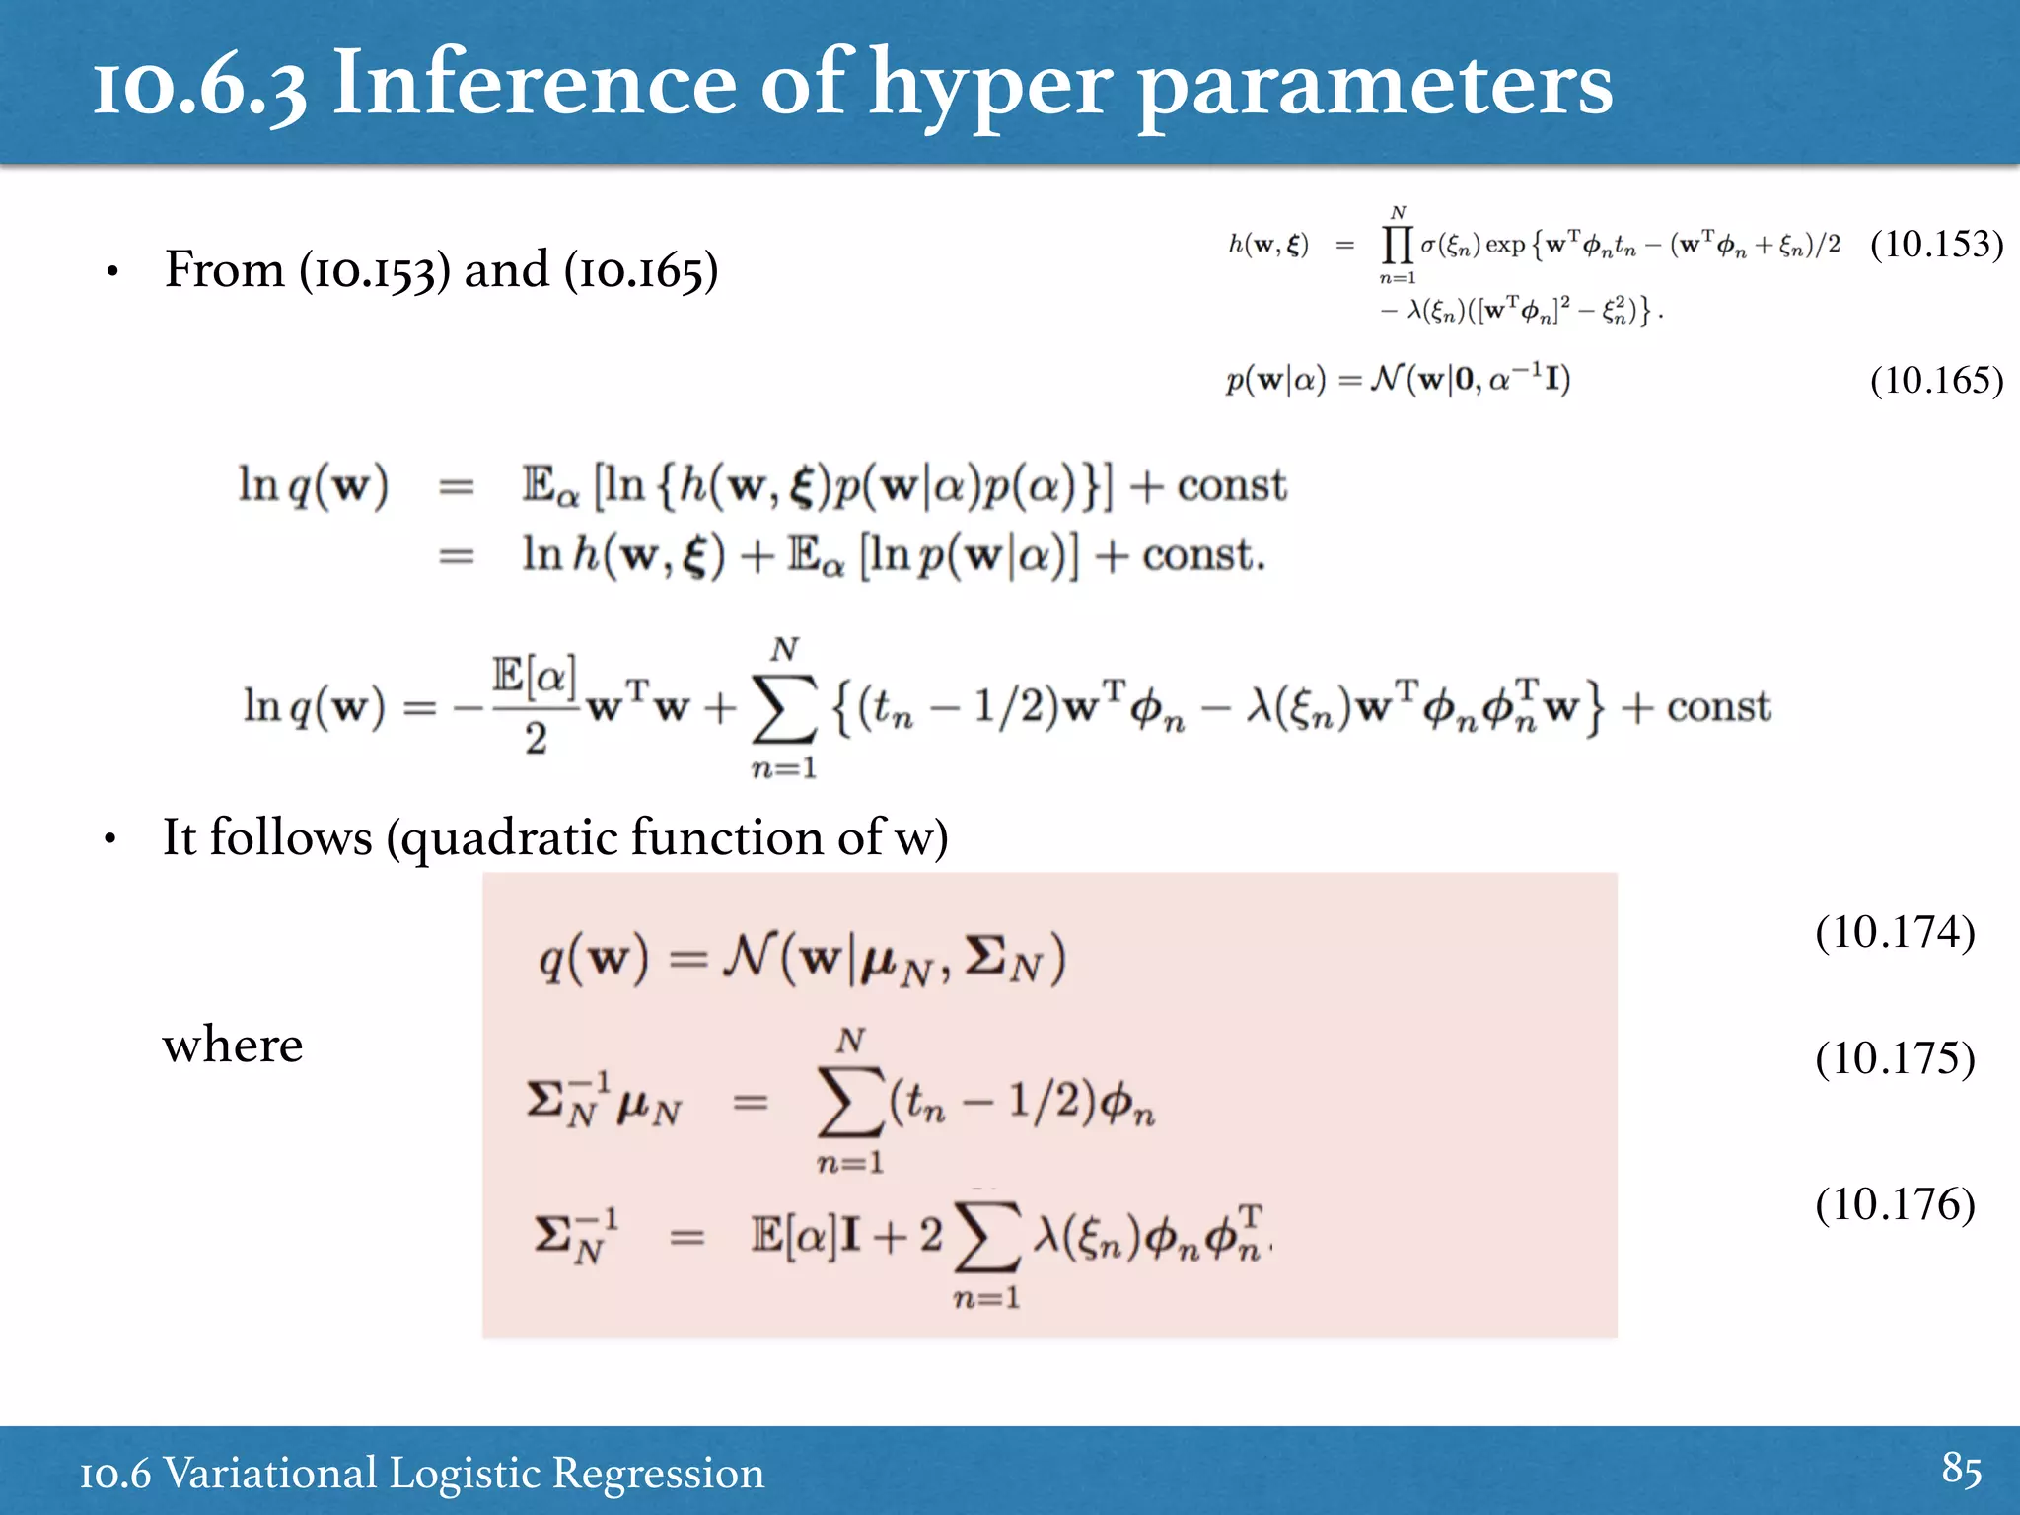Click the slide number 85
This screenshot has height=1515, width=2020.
point(1961,1469)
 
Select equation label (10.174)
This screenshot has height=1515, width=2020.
point(1895,932)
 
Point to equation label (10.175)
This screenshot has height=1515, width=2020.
point(1895,1058)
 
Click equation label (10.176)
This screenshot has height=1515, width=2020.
point(1895,1204)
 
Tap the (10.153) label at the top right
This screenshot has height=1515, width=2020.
point(1936,244)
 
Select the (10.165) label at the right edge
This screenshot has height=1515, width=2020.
point(1936,380)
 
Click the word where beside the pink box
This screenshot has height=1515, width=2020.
point(233,1045)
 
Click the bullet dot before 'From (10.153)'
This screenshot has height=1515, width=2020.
point(113,271)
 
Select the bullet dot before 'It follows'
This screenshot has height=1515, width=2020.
point(110,839)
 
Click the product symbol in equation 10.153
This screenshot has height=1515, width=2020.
point(1397,244)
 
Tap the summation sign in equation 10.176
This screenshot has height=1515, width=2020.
point(986,1236)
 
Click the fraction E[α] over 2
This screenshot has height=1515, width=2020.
point(535,706)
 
